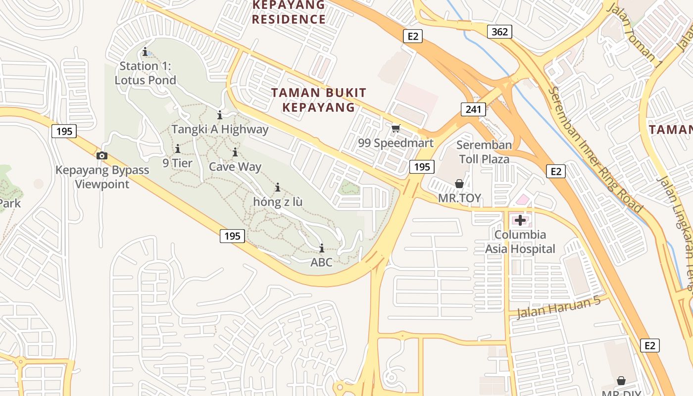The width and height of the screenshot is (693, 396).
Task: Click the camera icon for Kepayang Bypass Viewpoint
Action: (x=102, y=156)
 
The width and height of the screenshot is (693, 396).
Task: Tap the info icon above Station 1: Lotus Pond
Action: (x=145, y=51)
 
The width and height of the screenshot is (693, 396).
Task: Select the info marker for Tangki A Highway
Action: (x=220, y=115)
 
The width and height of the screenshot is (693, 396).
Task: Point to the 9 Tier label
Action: (x=177, y=163)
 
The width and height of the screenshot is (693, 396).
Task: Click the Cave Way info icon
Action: (x=235, y=152)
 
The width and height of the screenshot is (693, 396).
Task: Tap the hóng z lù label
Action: (x=277, y=202)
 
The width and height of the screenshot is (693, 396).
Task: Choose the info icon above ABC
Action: (x=322, y=248)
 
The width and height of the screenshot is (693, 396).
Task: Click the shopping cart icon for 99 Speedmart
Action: (x=396, y=129)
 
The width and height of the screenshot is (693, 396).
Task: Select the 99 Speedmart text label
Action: (x=396, y=144)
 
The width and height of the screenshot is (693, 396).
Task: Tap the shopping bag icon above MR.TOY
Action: (x=459, y=184)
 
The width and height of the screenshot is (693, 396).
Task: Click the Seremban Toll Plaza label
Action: (x=484, y=152)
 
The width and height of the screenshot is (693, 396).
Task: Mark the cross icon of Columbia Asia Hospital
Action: (x=520, y=220)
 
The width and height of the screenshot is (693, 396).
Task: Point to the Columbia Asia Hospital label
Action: (x=520, y=242)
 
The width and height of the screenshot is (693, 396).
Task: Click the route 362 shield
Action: (x=499, y=32)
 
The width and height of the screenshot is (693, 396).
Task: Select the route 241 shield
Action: (x=473, y=109)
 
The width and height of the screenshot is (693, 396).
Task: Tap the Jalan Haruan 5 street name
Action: (x=558, y=307)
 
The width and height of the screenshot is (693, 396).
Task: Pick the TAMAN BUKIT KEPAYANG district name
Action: (x=319, y=99)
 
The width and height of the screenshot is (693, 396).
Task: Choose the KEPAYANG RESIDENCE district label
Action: (x=289, y=12)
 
